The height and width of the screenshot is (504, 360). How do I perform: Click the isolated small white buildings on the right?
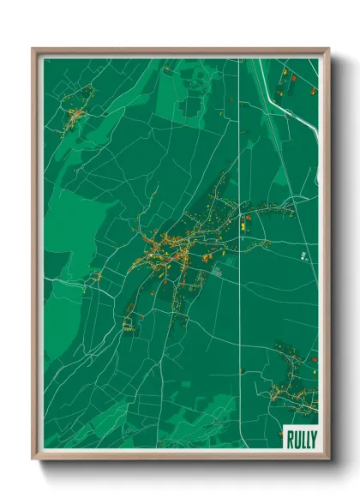pos(304,255)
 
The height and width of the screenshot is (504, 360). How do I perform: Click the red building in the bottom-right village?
pos(314,360)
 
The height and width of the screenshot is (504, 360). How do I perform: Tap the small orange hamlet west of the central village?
pos(96,276)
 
